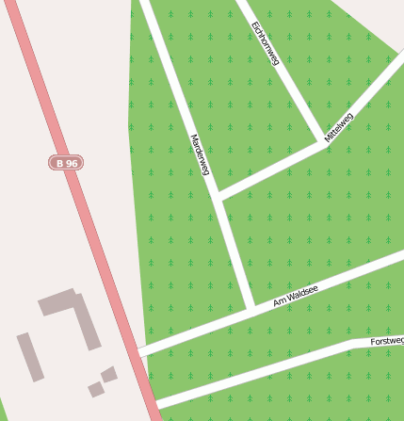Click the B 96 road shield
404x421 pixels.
(66, 163)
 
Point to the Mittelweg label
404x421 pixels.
(338, 127)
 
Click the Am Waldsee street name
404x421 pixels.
(295, 296)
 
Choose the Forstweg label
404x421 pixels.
(386, 340)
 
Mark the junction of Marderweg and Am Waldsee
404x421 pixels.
(250, 308)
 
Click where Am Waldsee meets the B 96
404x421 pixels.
(141, 351)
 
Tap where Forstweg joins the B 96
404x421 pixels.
(156, 405)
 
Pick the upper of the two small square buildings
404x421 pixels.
(109, 374)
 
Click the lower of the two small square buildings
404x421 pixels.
(95, 388)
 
